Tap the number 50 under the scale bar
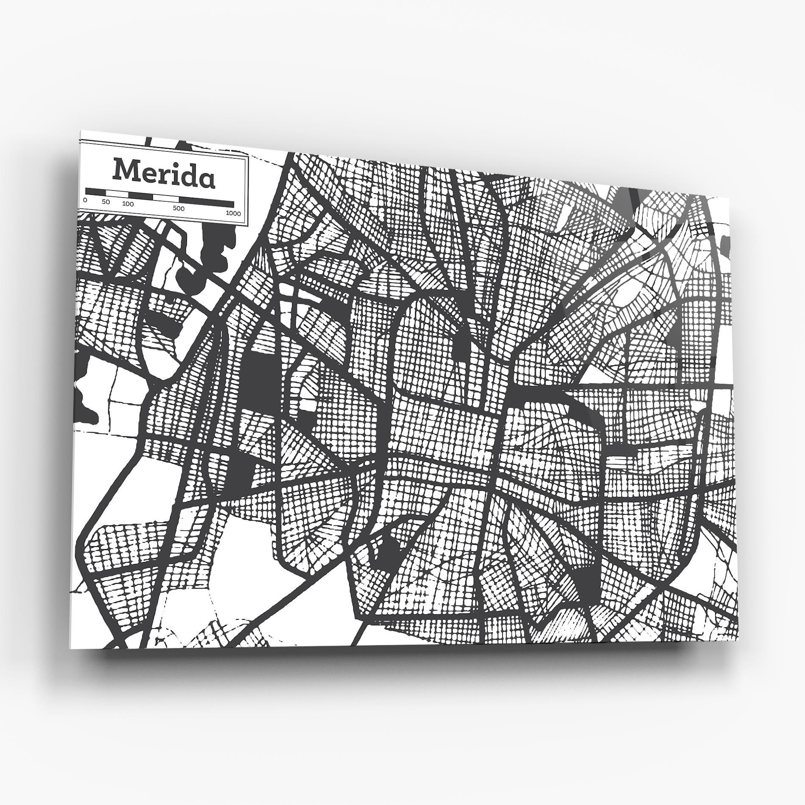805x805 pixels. (x=105, y=202)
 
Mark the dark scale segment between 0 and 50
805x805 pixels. (x=96, y=192)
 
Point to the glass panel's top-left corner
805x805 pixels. (x=80, y=131)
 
